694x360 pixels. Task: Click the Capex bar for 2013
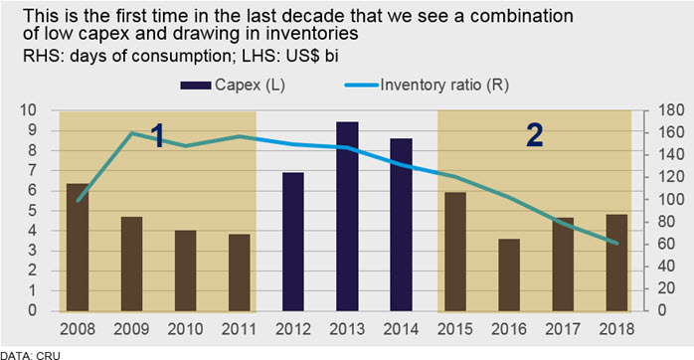click(x=347, y=216)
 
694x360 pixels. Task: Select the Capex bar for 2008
click(x=78, y=247)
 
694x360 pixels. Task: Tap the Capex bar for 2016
click(x=509, y=274)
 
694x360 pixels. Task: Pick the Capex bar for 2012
click(x=293, y=242)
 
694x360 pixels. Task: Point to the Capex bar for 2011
click(x=240, y=272)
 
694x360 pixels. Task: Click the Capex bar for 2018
click(x=617, y=263)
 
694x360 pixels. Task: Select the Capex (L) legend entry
click(x=233, y=85)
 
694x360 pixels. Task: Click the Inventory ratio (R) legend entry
click(x=428, y=85)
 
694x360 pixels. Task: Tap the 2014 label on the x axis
click(x=401, y=329)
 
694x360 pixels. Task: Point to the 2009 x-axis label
click(x=131, y=329)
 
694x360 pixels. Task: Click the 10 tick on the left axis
click(x=28, y=110)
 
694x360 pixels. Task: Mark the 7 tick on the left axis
click(x=32, y=170)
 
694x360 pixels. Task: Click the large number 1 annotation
click(x=157, y=135)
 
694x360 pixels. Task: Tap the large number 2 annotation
click(x=535, y=134)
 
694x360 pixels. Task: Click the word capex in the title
click(x=98, y=33)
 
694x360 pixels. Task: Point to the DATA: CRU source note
click(x=30, y=355)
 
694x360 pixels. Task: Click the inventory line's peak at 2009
click(x=132, y=132)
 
